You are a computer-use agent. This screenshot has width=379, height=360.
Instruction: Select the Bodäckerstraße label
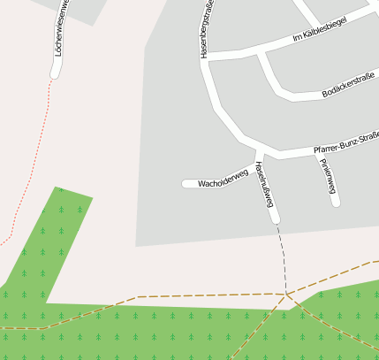click(348, 85)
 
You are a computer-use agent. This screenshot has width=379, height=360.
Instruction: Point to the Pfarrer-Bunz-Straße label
click(345, 144)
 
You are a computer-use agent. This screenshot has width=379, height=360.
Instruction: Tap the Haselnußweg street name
click(264, 184)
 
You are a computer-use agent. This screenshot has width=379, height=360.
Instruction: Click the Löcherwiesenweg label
click(58, 34)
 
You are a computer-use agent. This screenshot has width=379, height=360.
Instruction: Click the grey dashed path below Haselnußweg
click(282, 257)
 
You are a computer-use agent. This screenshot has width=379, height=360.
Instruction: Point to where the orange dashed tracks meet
click(286, 294)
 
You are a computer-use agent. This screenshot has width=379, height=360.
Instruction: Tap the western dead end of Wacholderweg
click(186, 184)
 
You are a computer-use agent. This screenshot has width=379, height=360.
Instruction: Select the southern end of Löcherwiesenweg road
click(55, 74)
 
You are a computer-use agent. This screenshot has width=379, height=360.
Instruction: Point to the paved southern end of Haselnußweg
click(276, 219)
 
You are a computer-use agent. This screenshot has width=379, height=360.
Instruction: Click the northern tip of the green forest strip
click(58, 188)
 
